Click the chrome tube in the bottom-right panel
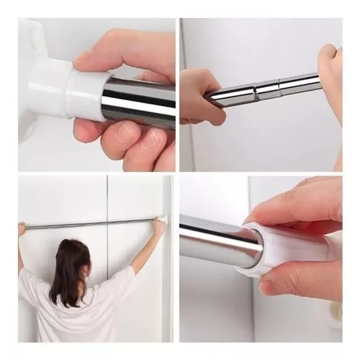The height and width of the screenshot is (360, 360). (216, 241)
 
